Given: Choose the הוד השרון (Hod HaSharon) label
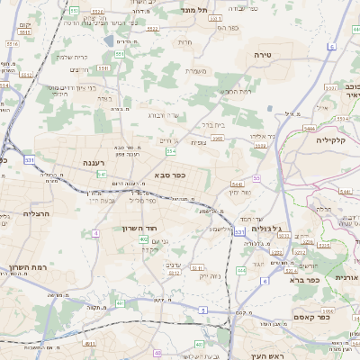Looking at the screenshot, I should click(x=139, y=229).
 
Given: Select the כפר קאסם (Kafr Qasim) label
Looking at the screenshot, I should click(x=316, y=317).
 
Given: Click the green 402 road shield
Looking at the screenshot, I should click(x=157, y=353).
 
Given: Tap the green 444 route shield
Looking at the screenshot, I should click(x=241, y=270).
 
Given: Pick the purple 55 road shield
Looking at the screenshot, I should click(x=256, y=178).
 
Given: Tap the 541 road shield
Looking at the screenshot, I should click(x=102, y=173).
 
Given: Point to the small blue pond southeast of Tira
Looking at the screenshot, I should click(x=271, y=109).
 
